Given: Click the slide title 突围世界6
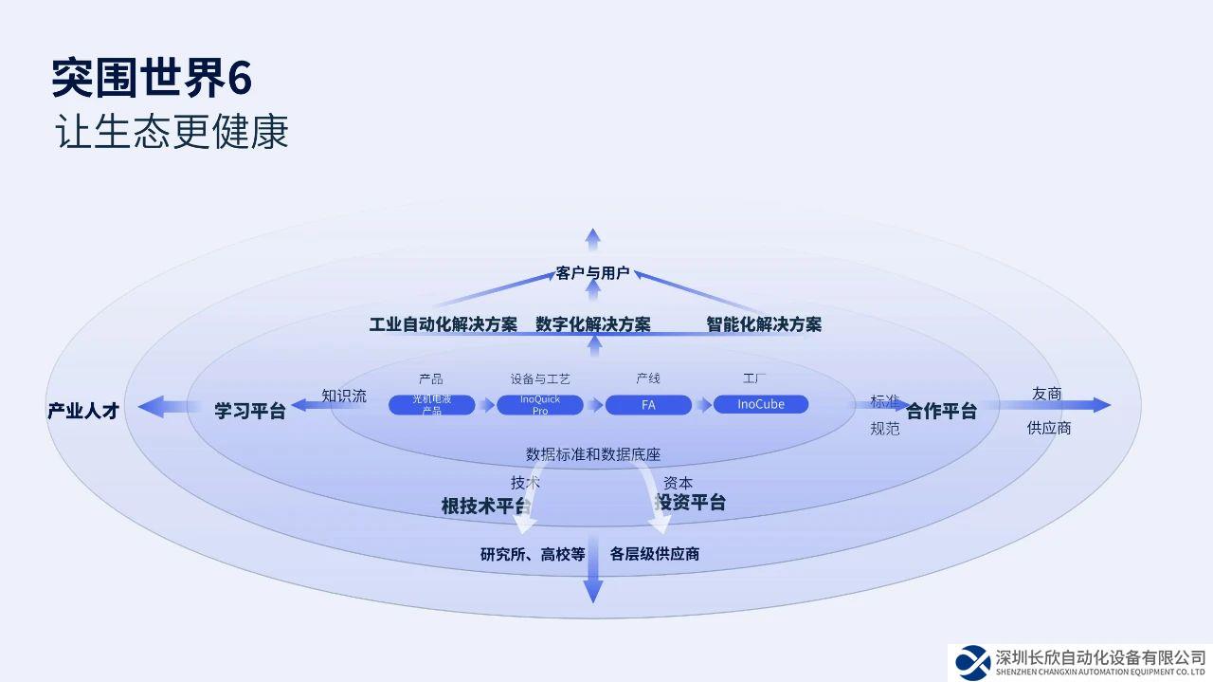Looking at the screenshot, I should [152, 78].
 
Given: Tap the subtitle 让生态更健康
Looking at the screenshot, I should [171, 133].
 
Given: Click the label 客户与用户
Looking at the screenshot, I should [592, 273].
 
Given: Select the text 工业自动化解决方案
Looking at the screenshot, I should [444, 324].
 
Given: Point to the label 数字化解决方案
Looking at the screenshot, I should [593, 324].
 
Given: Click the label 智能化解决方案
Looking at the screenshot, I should [764, 324].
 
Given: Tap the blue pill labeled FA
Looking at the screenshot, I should [648, 405].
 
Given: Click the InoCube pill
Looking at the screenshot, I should [761, 404].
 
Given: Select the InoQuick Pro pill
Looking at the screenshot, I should [540, 405].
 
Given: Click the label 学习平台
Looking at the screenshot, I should [250, 411].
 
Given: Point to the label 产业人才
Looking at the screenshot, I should [83, 411].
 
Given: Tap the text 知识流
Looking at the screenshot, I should [344, 396].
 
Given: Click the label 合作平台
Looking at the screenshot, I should [941, 411].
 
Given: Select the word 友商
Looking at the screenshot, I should [1047, 394].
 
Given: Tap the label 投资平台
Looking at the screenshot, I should [692, 503].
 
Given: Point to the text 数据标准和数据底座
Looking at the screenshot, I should [593, 454].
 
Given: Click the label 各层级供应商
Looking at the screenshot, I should [655, 554].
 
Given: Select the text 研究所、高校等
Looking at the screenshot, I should [533, 554].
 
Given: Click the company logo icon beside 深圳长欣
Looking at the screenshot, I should [972, 662].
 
